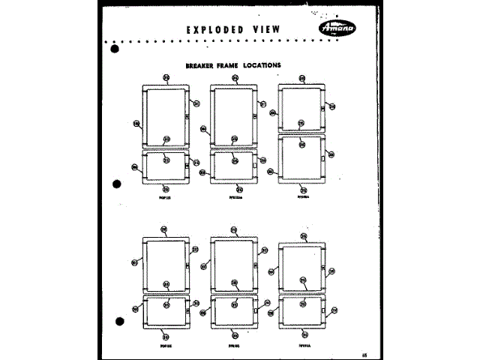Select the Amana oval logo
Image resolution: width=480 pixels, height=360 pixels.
click(x=336, y=28)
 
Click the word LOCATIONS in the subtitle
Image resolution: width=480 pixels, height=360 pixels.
click(x=259, y=65)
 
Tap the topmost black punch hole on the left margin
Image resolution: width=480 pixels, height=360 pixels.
click(x=115, y=50)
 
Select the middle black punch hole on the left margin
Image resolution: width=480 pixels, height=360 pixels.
click(x=117, y=184)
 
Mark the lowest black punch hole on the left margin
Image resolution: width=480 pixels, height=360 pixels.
click(x=118, y=322)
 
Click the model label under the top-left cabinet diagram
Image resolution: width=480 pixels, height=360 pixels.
click(x=165, y=199)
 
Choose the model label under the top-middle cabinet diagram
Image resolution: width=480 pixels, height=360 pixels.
click(x=234, y=199)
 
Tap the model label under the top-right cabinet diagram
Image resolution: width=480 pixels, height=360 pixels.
click(x=303, y=199)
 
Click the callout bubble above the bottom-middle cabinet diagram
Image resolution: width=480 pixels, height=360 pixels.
click(x=234, y=229)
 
